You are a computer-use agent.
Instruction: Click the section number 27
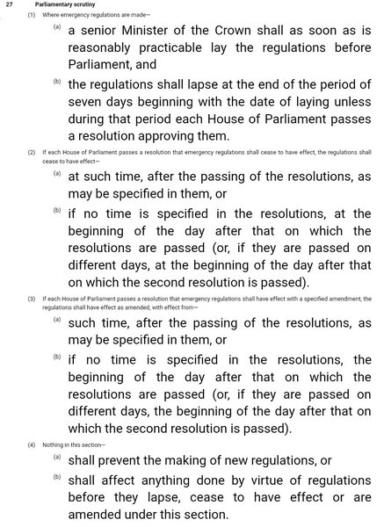pos(9,5)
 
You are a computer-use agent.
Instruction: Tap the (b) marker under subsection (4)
pos(57,477)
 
